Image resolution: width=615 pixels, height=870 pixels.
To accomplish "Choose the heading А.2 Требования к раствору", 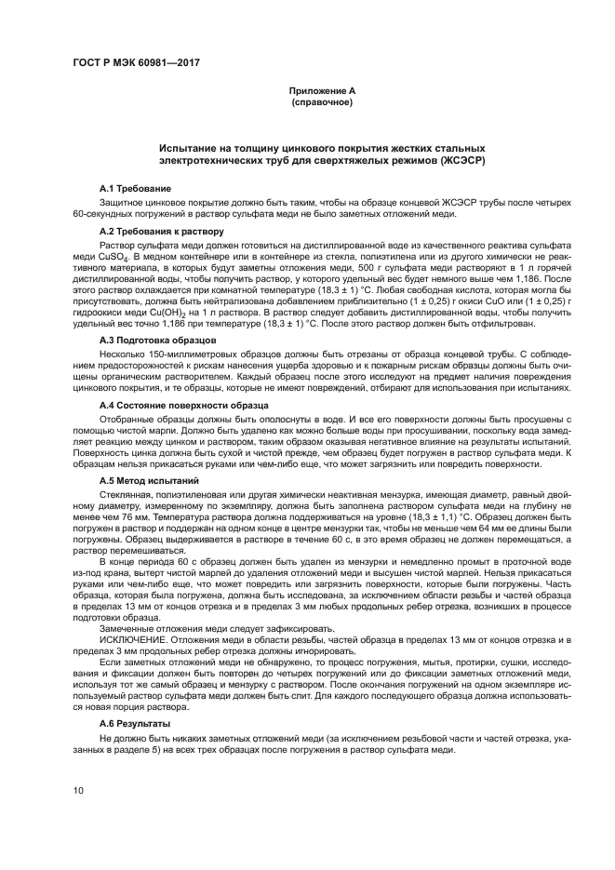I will click(161, 230).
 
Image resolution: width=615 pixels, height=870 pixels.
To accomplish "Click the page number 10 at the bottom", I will click(79, 791).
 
